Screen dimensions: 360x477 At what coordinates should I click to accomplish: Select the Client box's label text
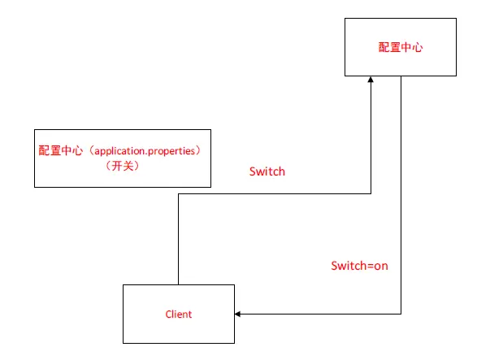[178, 314]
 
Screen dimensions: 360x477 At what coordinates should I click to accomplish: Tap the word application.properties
[143, 151]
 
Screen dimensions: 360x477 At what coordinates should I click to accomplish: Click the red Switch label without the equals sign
[267, 172]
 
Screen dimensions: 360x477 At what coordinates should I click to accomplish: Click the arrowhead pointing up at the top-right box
[371, 80]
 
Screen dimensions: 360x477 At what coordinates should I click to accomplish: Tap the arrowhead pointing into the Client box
[239, 314]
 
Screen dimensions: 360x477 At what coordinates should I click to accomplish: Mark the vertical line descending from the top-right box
[401, 195]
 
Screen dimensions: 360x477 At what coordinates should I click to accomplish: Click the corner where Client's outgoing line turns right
[178, 194]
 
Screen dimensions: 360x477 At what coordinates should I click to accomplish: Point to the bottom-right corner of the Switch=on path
[401, 314]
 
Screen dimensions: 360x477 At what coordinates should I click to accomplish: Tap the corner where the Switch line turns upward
[371, 194]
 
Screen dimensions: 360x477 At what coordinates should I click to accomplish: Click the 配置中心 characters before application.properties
[61, 151]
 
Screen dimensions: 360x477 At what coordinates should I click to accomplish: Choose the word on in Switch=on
[381, 266]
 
